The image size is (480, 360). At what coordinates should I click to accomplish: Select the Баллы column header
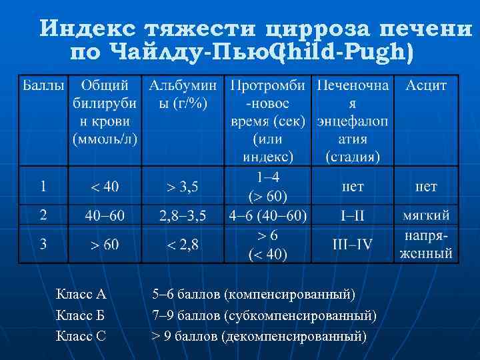(x=44, y=86)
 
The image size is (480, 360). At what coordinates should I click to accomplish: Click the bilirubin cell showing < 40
(x=105, y=187)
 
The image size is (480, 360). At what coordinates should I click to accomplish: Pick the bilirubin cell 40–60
(x=105, y=216)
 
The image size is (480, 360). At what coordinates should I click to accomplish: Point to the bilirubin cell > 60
(x=105, y=245)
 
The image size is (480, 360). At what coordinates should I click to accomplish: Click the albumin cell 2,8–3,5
(x=182, y=216)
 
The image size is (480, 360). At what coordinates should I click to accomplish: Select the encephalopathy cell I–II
(x=352, y=216)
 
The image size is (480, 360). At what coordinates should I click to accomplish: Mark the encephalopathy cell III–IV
(x=352, y=243)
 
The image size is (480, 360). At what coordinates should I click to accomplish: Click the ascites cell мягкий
(x=426, y=216)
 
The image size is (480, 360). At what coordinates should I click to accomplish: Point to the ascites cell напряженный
(x=426, y=245)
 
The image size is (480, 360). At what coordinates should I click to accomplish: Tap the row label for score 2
(x=43, y=215)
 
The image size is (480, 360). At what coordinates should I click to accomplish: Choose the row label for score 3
(x=43, y=244)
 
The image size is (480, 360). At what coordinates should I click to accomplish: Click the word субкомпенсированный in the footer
(x=300, y=315)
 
